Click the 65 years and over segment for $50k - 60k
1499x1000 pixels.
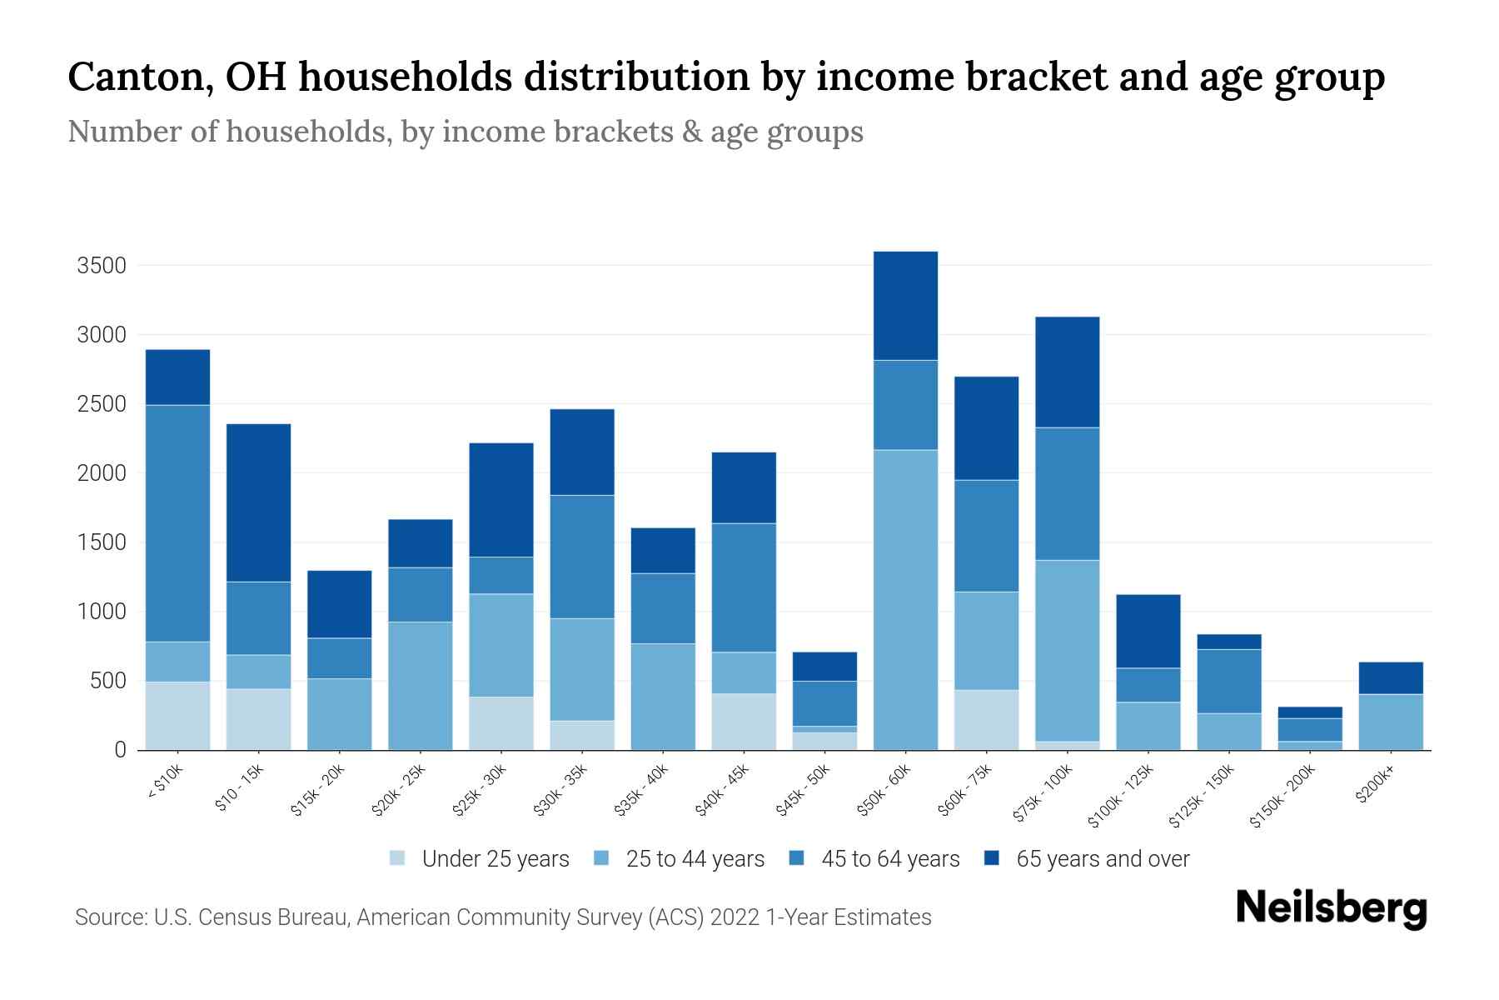[905, 306]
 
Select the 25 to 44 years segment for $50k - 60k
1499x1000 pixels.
[905, 600]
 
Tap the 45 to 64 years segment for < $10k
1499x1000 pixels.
[177, 523]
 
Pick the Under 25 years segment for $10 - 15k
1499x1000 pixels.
[258, 719]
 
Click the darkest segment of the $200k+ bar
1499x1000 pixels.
[1390, 678]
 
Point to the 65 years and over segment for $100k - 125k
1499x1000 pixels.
[1148, 631]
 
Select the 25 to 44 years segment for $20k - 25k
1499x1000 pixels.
[420, 686]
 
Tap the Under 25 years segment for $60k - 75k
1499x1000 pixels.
[986, 720]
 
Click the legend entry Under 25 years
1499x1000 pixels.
[495, 859]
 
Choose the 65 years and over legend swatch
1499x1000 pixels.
[992, 858]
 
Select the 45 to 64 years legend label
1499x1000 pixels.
[889, 859]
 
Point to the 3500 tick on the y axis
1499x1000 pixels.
[101, 266]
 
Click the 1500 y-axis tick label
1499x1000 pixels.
[101, 542]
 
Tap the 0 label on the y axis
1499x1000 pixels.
[120, 750]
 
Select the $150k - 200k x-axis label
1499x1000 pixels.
[1282, 796]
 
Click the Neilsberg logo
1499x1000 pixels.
[1331, 907]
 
